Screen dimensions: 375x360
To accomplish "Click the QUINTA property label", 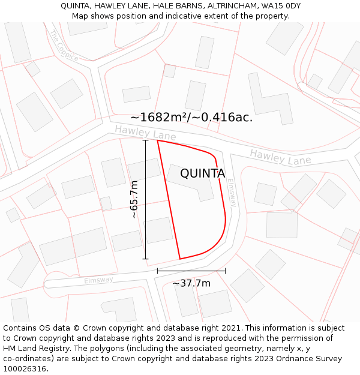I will pos(203,173).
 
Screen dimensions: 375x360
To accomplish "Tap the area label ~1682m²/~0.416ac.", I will pos(191,117).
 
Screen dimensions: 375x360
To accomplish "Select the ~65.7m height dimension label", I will pos(134,199).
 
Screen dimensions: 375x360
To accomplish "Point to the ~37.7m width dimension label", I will pos(191,283).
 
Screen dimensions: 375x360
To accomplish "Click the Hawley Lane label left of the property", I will pos(145,133).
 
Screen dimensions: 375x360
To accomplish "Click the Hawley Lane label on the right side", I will pos(280,157).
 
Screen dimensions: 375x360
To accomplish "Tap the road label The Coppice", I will pos(64,46).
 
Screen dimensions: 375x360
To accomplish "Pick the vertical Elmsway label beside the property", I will pos(232,193).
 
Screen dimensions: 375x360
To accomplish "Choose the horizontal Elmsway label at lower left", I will pos(98,280).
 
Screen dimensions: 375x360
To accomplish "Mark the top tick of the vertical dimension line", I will pos(145,140).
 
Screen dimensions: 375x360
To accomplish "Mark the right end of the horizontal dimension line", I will pos(226,271).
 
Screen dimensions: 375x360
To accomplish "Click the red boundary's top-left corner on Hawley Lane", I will pos(157,140).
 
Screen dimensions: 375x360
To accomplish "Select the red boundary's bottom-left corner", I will pos(179,259).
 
